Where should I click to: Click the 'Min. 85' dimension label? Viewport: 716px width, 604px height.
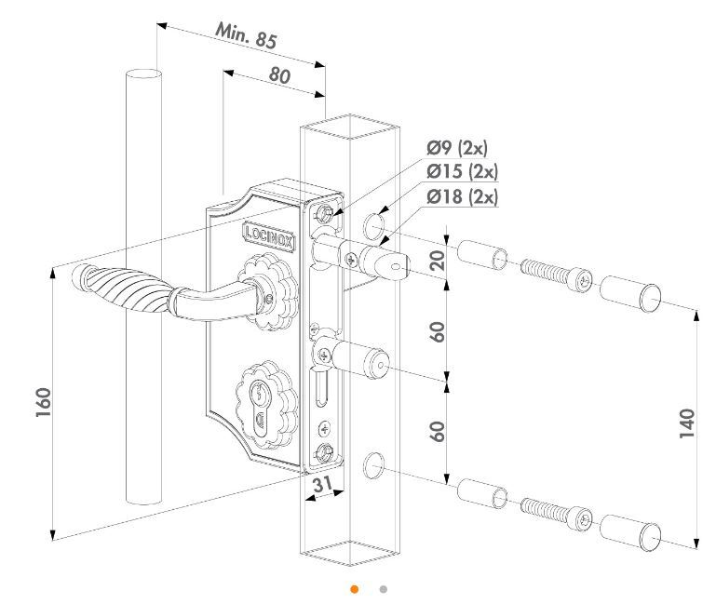pyautogui.click(x=247, y=38)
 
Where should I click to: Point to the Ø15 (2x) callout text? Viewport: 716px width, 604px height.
pyautogui.click(x=462, y=172)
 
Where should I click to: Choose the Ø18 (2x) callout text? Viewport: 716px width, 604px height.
pyautogui.click(x=462, y=196)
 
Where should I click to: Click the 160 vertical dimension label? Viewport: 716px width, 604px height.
pyautogui.click(x=42, y=402)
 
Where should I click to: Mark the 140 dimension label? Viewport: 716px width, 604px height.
pyautogui.click(x=687, y=426)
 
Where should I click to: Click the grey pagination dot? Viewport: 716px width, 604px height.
pyautogui.click(x=383, y=589)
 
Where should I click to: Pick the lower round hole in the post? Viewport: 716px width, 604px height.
pyautogui.click(x=373, y=463)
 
